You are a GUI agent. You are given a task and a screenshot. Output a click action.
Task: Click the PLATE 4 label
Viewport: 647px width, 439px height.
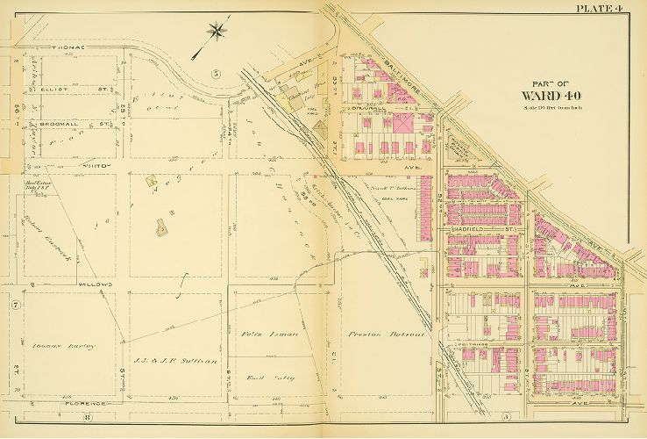(600, 9)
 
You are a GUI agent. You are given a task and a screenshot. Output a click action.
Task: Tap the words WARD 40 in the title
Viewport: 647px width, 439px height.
(545, 96)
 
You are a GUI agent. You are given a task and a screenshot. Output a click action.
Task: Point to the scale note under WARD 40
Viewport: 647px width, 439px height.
(544, 107)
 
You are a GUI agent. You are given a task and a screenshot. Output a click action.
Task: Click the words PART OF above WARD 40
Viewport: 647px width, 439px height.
(544, 82)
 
